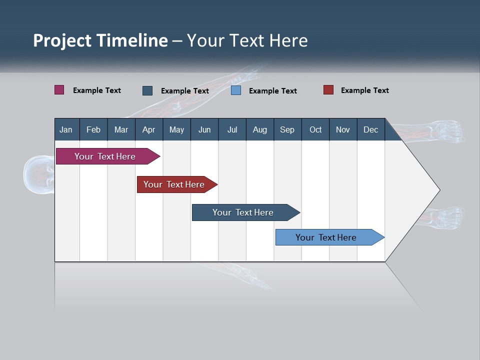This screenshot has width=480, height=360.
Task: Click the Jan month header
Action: coord(66,129)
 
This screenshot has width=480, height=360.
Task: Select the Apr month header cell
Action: coord(149,129)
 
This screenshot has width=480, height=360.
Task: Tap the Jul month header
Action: coord(232,129)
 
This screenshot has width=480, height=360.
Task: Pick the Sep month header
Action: coord(287,129)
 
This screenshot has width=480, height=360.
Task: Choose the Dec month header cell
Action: coord(370,129)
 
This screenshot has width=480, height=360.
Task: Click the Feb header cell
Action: coord(93,129)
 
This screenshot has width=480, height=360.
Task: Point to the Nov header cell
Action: coord(343,129)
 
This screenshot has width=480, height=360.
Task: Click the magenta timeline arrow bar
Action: coord(105,156)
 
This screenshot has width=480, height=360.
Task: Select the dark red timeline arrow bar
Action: coord(174,184)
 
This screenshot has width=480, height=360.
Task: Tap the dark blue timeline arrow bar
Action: coord(243,212)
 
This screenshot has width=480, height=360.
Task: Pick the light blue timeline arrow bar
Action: coord(326,237)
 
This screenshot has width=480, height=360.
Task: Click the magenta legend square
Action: coord(59,90)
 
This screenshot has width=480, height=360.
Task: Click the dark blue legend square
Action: coord(147,90)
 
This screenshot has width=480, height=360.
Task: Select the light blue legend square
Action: coord(236,90)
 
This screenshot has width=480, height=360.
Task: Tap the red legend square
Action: coord(328,90)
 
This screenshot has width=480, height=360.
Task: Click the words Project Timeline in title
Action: coord(100,40)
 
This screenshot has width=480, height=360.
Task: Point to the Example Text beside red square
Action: coord(364,90)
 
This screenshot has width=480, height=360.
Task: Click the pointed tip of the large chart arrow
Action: coord(438,190)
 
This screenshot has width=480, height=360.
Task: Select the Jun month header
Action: coord(204,129)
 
